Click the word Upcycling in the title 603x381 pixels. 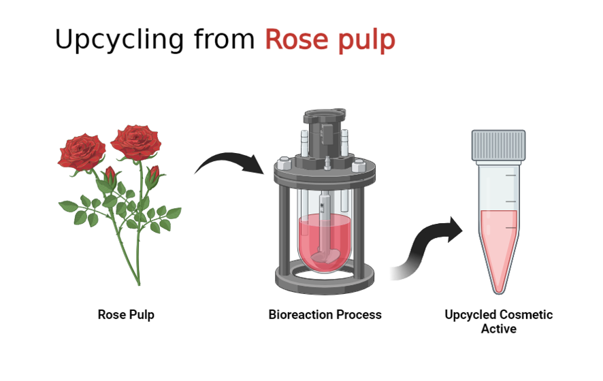[119, 39]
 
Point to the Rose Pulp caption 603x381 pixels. [126, 315]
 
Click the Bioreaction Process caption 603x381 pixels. [325, 315]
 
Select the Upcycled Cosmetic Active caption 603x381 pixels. [498, 322]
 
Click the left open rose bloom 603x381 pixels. [82, 150]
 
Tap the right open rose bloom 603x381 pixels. [135, 141]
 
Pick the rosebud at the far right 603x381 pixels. [153, 176]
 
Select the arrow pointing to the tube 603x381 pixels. [429, 248]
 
